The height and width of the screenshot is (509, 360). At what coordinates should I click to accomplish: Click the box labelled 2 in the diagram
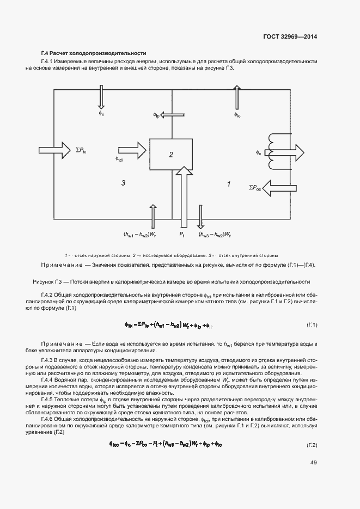[x=170, y=155]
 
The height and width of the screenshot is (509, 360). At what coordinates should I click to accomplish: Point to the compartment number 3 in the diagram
[x=124, y=183]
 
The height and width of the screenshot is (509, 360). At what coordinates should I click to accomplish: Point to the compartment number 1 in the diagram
[x=228, y=184]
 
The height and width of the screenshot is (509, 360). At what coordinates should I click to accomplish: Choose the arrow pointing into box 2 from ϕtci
[x=131, y=147]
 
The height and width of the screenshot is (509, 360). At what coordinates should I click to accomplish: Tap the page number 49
[x=313, y=464]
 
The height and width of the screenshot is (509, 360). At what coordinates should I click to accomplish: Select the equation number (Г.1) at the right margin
[x=312, y=325]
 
